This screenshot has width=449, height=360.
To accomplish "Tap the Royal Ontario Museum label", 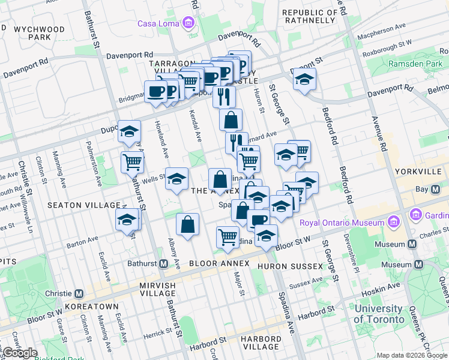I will point(341,223).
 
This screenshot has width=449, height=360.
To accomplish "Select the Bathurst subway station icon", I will point(163,263).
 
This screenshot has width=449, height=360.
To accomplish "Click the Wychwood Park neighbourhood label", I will point(39,32).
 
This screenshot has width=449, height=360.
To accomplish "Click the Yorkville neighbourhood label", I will point(418,172).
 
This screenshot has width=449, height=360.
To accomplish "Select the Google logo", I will point(20,353).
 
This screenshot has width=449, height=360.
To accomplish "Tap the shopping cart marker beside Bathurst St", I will point(132,161).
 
